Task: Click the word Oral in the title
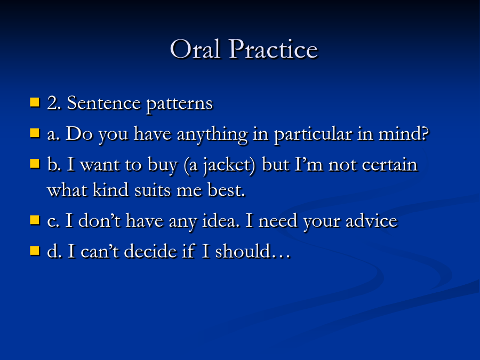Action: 195,49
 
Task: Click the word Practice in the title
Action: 274,49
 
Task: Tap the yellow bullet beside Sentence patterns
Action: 35,102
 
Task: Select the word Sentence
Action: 104,103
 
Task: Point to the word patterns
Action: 179,104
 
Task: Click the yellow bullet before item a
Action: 35,133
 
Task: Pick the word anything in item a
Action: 212,135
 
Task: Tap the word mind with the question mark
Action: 404,133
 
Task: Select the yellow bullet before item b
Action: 35,164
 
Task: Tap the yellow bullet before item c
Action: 35,220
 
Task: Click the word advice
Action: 371,220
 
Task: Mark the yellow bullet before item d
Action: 35,251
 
